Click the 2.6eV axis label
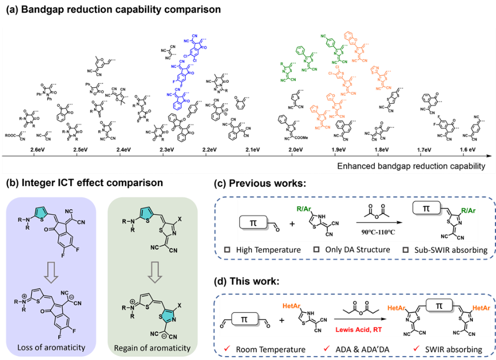point(37,149)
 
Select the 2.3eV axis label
point(167,149)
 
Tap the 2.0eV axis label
point(295,149)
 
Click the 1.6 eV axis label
point(467,149)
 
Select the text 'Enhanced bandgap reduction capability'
point(411,166)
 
